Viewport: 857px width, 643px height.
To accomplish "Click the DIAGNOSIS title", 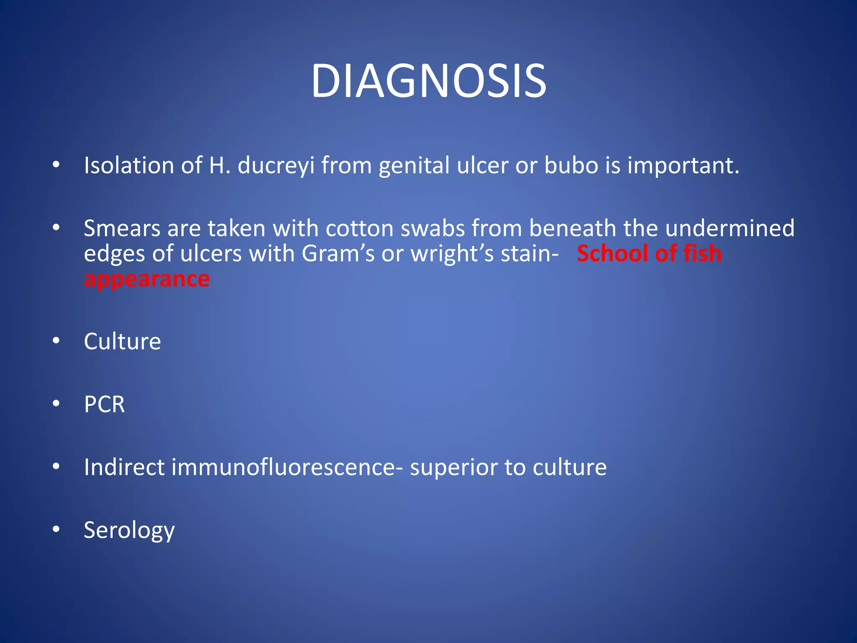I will coord(428,81).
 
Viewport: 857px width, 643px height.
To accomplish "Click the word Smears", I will coord(122,229).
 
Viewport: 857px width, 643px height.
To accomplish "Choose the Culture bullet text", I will coord(122,342).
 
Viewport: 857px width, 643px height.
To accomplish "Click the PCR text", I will coord(104,404).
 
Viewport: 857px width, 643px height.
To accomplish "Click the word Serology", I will coord(129,531).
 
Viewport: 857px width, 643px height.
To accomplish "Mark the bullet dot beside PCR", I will coord(56,404).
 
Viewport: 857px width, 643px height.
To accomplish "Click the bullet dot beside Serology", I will coord(56,529).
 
